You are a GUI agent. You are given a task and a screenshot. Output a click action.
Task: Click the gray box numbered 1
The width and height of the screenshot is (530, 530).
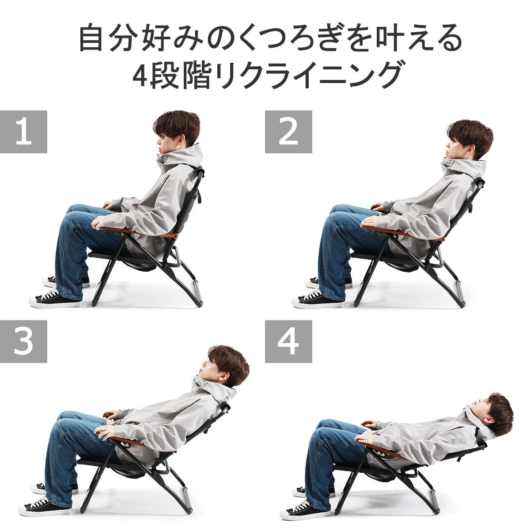23,132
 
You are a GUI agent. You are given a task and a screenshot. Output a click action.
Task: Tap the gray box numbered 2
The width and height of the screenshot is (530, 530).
288,132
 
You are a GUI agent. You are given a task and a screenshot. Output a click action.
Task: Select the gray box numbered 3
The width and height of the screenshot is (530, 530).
23,341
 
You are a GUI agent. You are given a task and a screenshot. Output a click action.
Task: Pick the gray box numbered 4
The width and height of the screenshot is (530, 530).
288,341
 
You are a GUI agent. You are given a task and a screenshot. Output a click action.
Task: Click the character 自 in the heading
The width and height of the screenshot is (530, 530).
91,38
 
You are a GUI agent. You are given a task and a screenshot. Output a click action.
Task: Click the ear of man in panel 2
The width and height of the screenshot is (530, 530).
471,150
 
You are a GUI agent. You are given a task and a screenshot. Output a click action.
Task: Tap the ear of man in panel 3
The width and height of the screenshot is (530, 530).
224,376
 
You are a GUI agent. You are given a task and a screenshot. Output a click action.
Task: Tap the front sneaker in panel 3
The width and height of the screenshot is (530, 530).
44,501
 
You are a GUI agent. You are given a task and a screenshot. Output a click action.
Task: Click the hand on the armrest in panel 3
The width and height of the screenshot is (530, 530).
105,432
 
